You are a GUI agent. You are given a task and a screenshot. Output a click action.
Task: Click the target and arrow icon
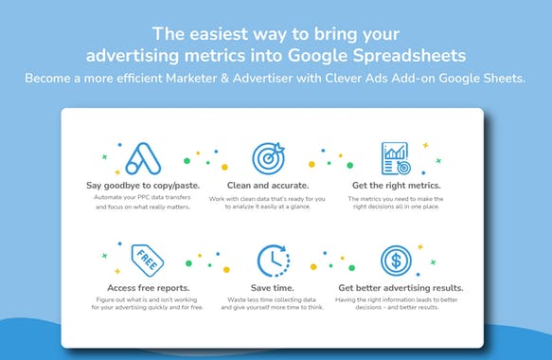coord(269,157)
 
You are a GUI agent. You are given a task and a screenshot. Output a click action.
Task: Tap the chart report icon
coord(394,157)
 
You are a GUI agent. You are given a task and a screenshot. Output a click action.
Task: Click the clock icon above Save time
coord(272,260)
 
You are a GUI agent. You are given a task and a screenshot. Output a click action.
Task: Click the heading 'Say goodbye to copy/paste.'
coord(143,184)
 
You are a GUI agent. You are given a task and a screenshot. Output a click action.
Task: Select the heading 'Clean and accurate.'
coord(269,184)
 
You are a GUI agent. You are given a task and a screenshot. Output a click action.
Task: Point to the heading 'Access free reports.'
coord(143,286)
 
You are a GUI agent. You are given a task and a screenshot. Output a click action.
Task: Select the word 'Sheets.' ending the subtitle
coord(503,77)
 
